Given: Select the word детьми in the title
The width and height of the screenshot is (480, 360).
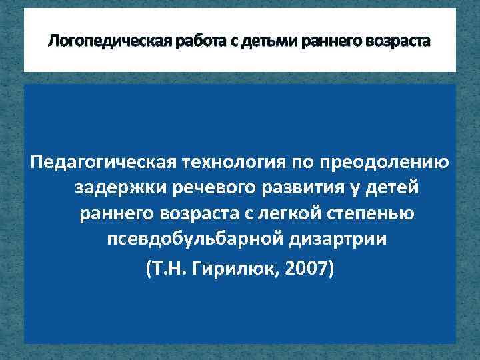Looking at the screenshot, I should coord(262,42).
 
